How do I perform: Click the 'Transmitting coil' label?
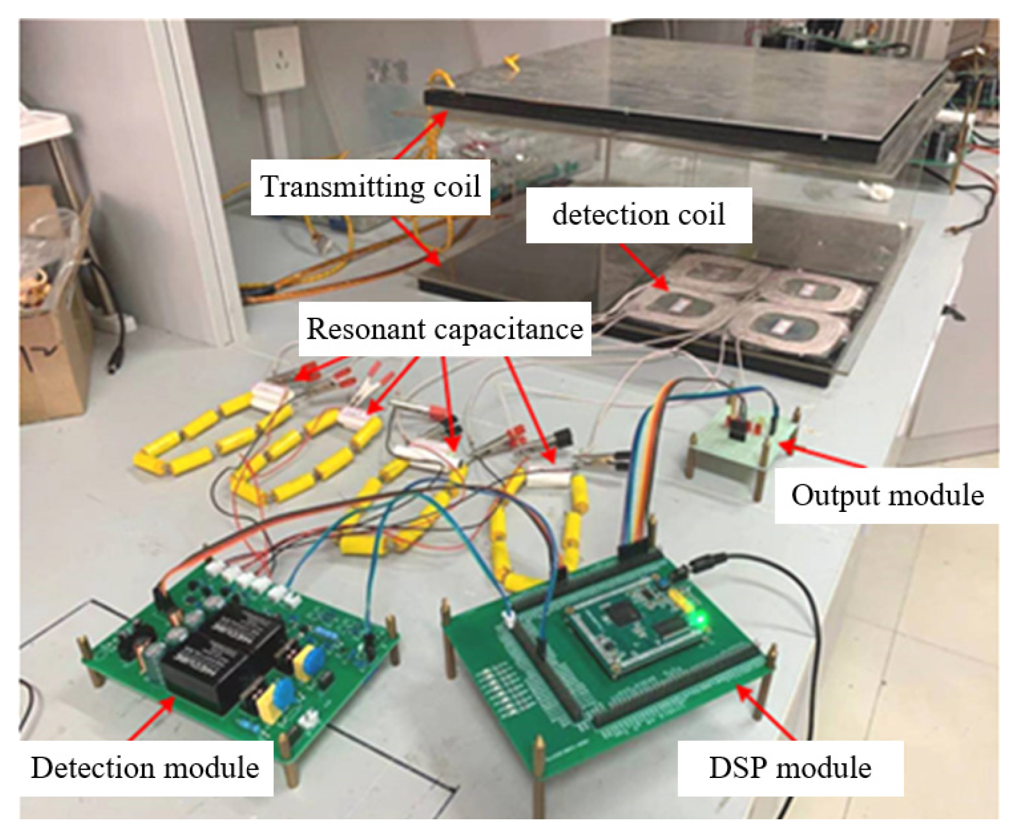tap(370, 186)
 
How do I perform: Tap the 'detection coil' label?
tap(639, 215)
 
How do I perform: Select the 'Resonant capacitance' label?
tap(445, 329)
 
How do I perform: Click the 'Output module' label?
tap(887, 495)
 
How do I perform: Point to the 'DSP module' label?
tap(789, 768)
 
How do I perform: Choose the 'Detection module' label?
tap(145, 768)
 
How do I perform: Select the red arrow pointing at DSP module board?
tap(766, 714)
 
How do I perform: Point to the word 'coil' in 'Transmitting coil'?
tap(457, 186)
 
